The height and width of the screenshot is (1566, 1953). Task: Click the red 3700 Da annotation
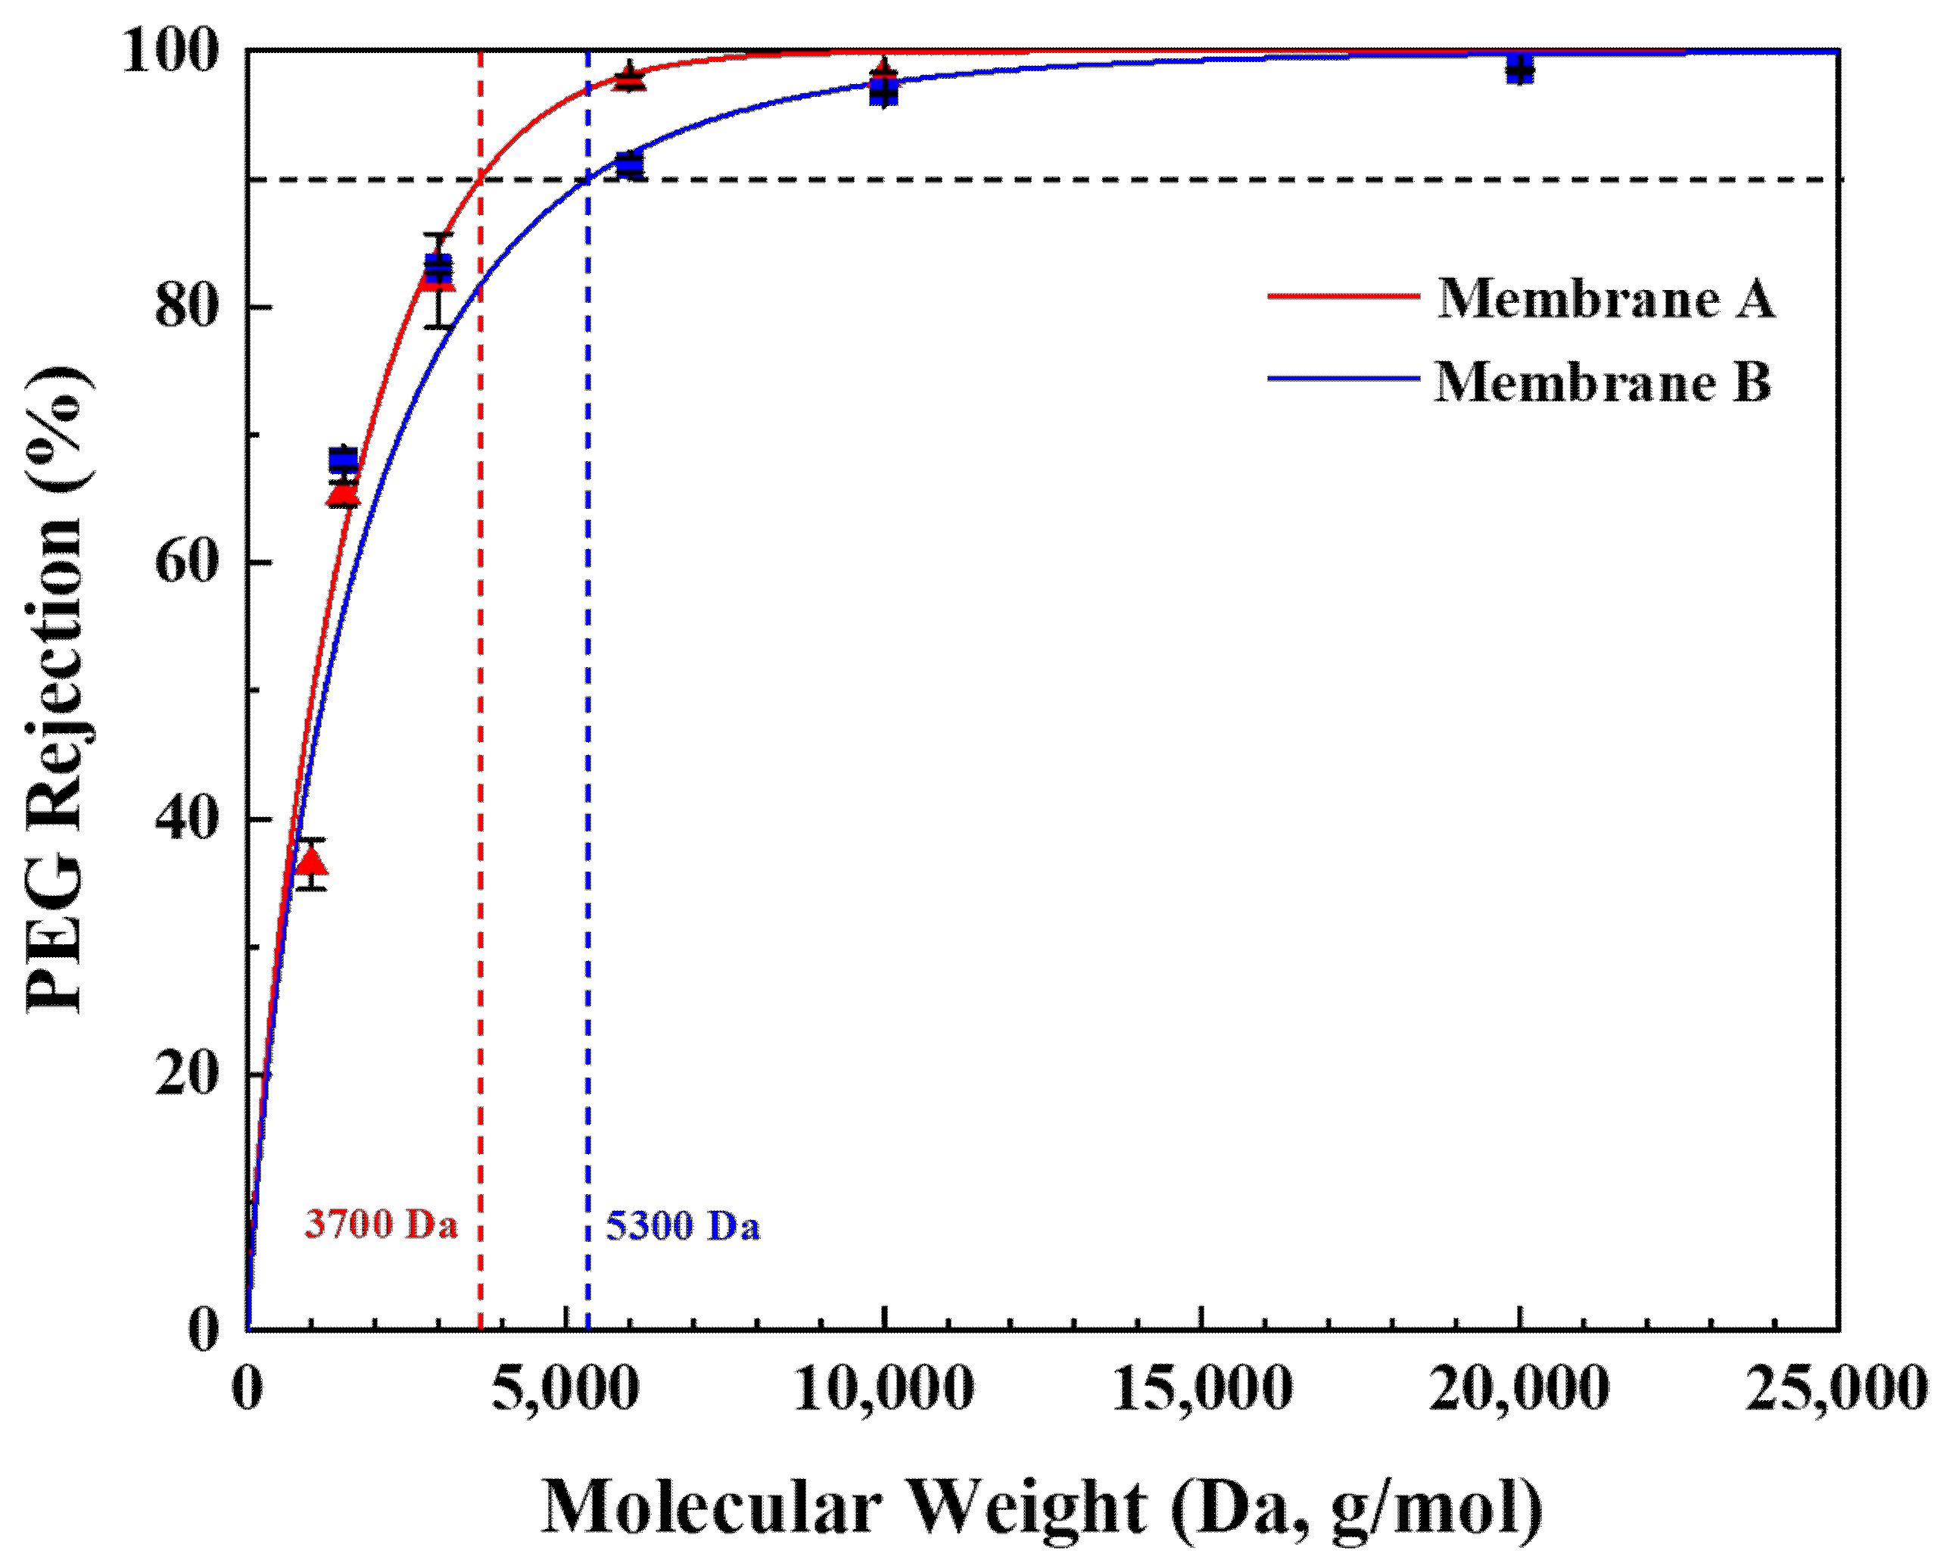coord(382,1224)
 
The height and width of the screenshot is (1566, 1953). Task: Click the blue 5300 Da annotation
coord(683,1225)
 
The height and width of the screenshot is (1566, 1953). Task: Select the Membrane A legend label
coord(1606,298)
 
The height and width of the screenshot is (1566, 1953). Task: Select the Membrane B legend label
coord(1603,382)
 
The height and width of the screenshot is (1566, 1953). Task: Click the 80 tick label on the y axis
coord(188,307)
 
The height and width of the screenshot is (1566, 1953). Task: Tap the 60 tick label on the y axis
coord(188,562)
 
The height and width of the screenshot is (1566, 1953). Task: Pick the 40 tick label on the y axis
coord(188,819)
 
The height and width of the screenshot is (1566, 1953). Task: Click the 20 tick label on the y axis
coord(188,1075)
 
